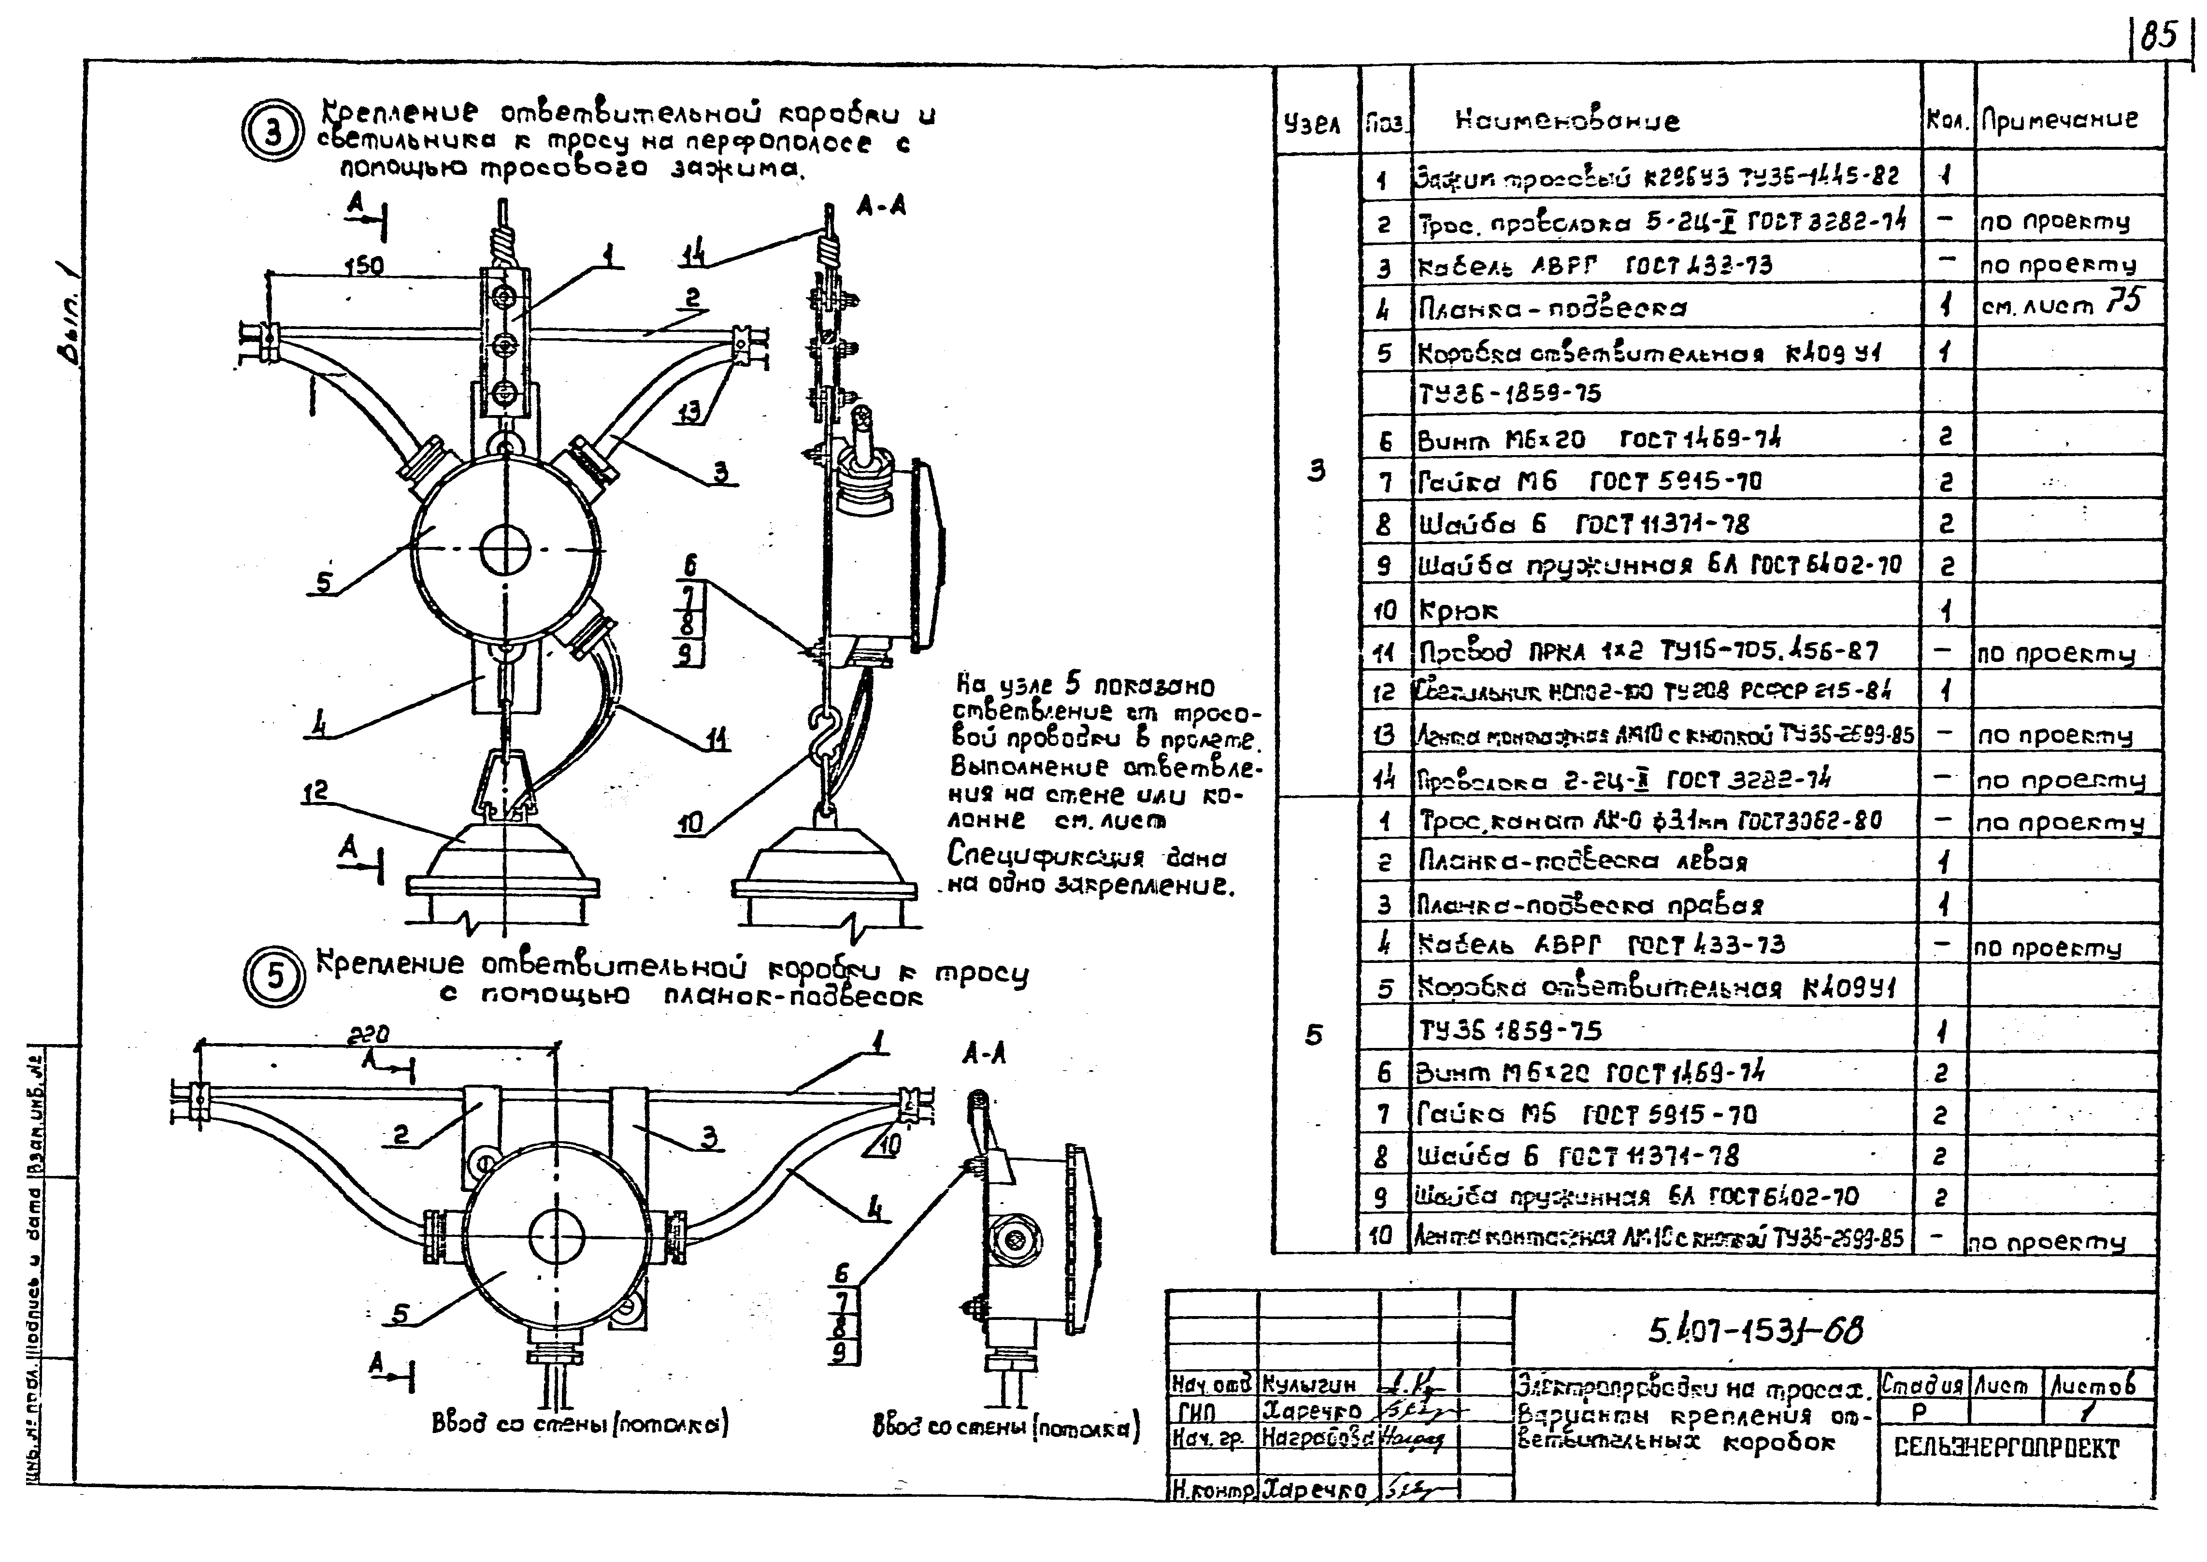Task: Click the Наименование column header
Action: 1567,121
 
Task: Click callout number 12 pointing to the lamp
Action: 315,790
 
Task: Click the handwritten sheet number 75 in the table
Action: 2122,302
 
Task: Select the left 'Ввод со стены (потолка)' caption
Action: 580,1423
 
